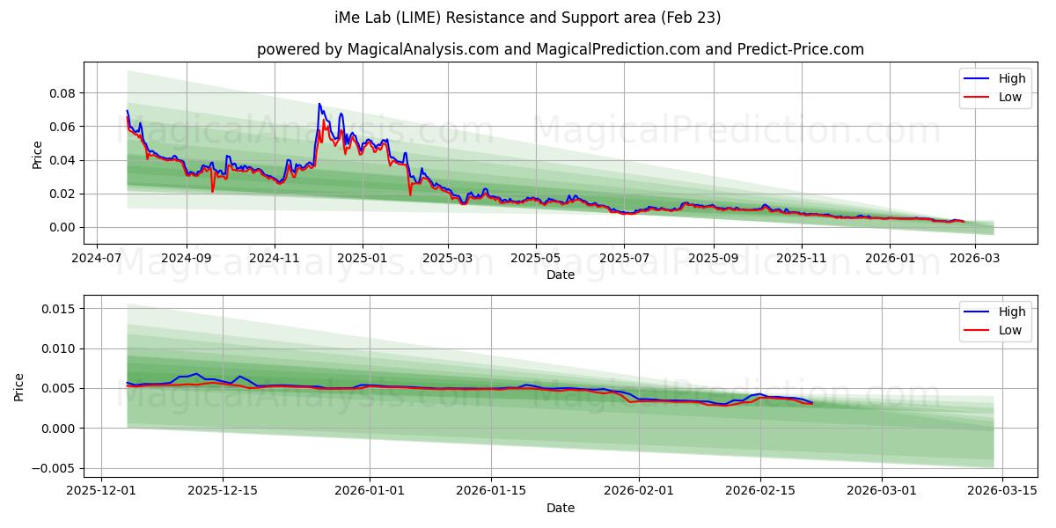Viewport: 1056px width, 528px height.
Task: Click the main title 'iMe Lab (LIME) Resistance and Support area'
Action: (x=528, y=18)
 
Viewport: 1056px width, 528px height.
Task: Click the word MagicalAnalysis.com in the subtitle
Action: (x=407, y=49)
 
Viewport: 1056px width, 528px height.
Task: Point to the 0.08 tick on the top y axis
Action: (x=63, y=93)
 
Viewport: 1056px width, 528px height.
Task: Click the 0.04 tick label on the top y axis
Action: (x=63, y=160)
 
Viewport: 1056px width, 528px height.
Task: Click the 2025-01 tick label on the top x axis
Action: (x=362, y=259)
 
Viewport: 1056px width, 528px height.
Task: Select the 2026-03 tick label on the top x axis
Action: (x=974, y=259)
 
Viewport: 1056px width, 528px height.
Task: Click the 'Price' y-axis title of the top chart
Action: (x=37, y=153)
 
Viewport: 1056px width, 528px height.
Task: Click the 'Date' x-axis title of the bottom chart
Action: (x=561, y=508)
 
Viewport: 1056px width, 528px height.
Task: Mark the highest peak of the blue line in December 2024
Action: (x=319, y=104)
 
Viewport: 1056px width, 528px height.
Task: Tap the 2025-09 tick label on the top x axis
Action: (x=712, y=259)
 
